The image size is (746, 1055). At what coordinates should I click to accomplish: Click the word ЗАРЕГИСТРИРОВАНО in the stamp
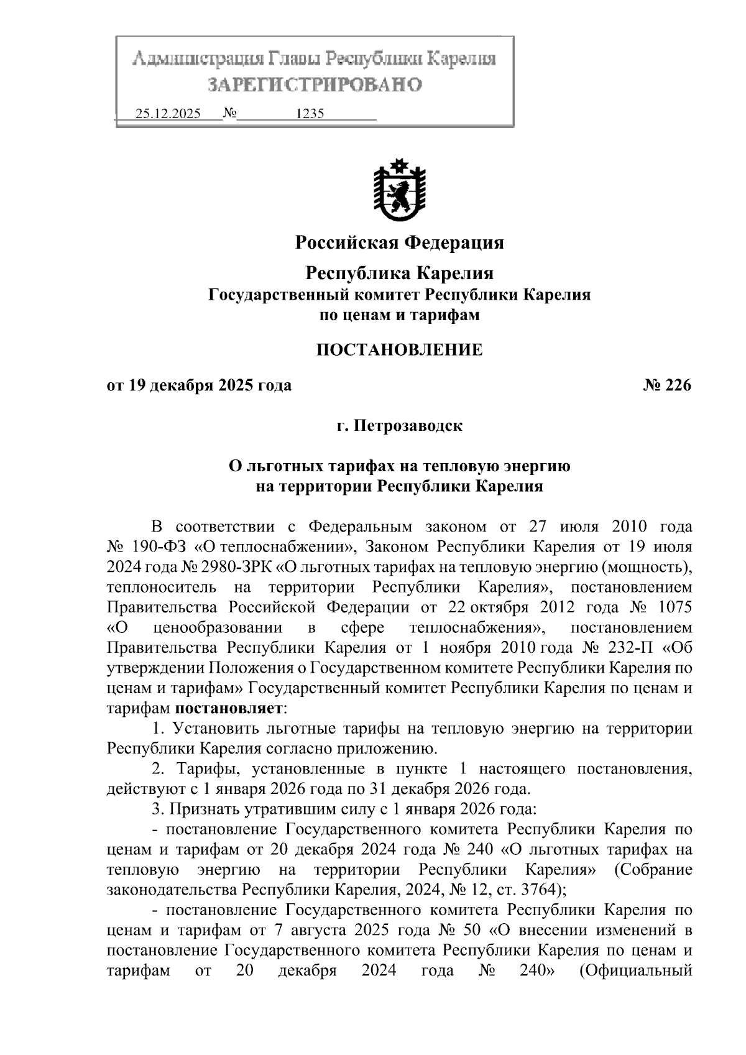coord(314,85)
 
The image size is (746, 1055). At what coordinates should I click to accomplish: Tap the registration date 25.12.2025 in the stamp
coord(168,114)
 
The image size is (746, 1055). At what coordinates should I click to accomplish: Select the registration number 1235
coord(310,114)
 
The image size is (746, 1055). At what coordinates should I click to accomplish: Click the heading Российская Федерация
coord(399,242)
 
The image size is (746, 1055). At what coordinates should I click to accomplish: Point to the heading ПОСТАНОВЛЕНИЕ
coord(399,350)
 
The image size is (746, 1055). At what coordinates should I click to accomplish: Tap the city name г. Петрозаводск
coord(399,426)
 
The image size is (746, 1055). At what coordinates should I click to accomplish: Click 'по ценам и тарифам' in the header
coord(399,315)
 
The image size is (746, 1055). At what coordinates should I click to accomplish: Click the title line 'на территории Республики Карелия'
coord(399,486)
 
